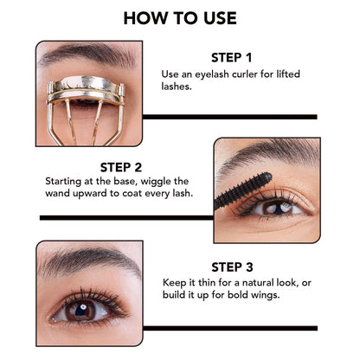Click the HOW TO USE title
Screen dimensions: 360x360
180,17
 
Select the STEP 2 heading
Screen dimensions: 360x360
126,167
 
